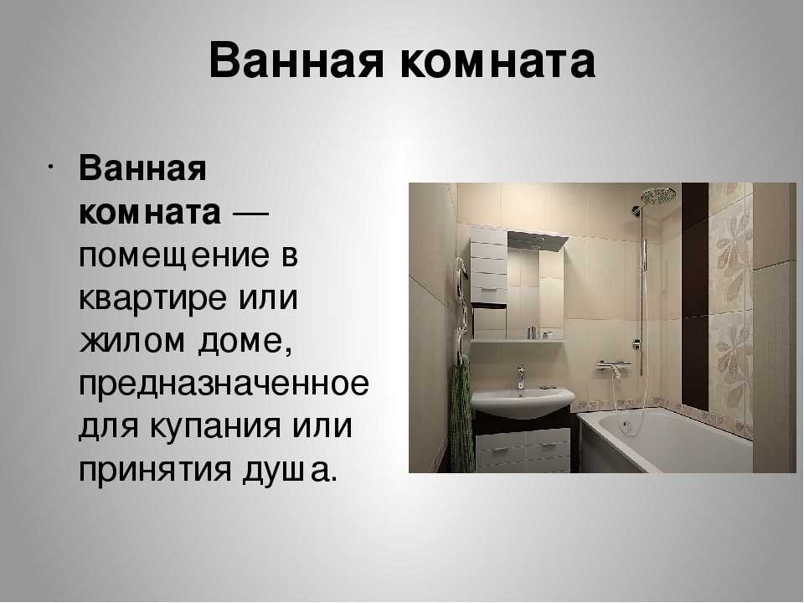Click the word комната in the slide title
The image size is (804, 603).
497,61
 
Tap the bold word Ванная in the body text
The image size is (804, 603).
142,168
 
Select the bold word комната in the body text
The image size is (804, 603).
150,212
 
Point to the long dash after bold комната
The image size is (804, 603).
251,213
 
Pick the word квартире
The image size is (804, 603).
152,300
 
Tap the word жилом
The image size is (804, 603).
131,341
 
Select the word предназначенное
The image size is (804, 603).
224,385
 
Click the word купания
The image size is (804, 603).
216,426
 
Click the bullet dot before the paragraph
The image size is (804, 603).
50,167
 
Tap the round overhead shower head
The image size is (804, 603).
658,195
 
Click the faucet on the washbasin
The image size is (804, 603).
521,376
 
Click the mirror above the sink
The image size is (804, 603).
535,292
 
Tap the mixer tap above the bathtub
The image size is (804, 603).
614,367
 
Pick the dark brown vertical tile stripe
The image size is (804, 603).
695,297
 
